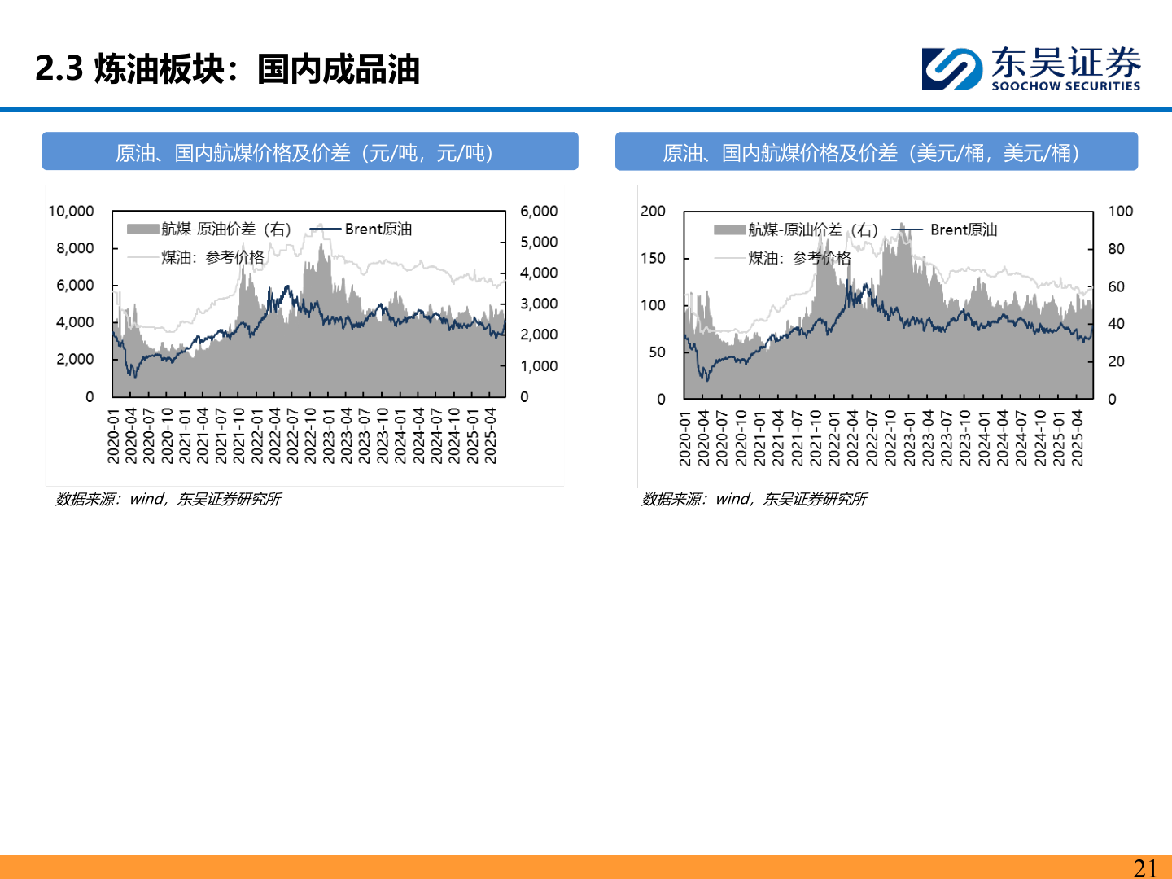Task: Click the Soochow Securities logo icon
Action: pos(951,68)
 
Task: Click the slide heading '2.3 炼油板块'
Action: pos(227,69)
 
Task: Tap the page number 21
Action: pos(1144,868)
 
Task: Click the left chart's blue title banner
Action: pos(310,152)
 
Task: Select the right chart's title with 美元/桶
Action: pos(876,152)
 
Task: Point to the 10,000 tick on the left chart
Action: pos(71,212)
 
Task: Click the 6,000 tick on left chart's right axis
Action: pos(539,212)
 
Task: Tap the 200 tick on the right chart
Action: pos(653,212)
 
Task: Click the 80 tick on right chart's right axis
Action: pos(1116,249)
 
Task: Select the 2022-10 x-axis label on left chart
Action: pos(311,436)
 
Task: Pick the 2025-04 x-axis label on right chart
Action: pos(1078,438)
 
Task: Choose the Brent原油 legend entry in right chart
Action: pos(963,230)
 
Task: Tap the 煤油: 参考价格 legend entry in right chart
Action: pos(799,258)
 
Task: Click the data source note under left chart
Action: pos(168,499)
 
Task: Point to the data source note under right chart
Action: pos(754,499)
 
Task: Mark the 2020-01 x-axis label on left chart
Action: pos(113,436)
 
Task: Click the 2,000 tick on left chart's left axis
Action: pos(75,360)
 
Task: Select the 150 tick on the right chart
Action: pos(653,259)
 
